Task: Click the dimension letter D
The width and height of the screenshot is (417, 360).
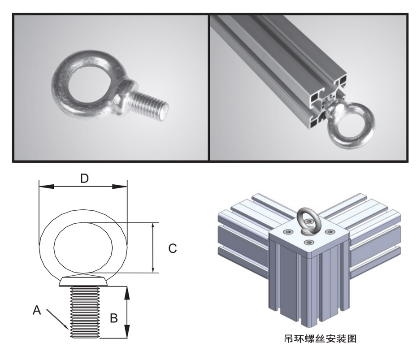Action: [x=84, y=178]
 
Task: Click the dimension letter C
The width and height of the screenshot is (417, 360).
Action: [x=173, y=248]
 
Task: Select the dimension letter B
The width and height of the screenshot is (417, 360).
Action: [x=114, y=318]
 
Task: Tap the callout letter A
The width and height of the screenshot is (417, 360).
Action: [x=37, y=310]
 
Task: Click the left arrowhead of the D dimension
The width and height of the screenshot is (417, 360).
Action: [x=47, y=187]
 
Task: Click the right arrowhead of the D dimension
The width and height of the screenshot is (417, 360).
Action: [x=120, y=187]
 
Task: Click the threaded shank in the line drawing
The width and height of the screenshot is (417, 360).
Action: [x=85, y=312]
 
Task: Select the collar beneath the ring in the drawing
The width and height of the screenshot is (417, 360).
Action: [x=83, y=281]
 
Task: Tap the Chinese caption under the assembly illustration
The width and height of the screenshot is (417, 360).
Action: [x=320, y=338]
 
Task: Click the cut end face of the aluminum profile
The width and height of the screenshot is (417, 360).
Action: [x=328, y=100]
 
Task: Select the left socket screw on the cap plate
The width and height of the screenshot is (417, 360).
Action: [x=288, y=232]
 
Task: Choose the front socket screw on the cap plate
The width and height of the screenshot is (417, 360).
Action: [x=309, y=242]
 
